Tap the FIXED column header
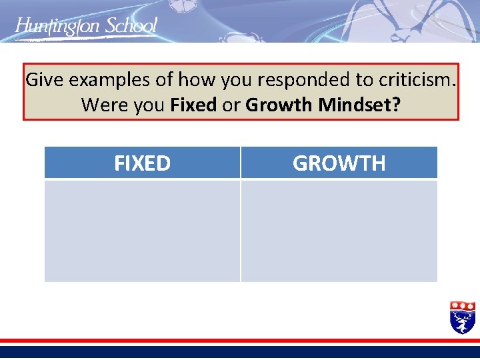(142, 163)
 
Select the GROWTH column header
(339, 163)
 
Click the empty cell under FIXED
(142, 231)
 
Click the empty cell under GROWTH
(339, 231)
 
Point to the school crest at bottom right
(463, 317)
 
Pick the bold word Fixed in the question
(193, 105)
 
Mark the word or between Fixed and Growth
(231, 105)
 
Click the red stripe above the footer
(240, 341)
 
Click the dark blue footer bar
(240, 351)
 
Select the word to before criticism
(363, 80)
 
